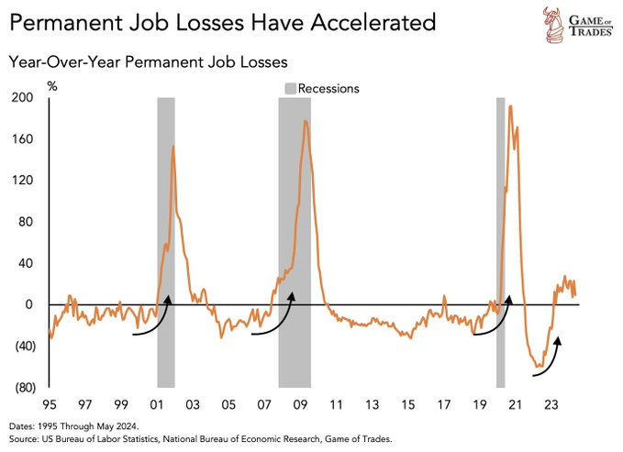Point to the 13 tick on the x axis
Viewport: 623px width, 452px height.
point(371,404)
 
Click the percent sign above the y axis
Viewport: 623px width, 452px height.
point(52,87)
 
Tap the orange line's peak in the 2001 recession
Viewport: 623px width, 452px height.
point(172,146)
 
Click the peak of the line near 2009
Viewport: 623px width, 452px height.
point(306,121)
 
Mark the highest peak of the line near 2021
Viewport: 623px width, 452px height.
point(510,106)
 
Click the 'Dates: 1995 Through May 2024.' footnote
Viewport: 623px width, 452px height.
point(74,425)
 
